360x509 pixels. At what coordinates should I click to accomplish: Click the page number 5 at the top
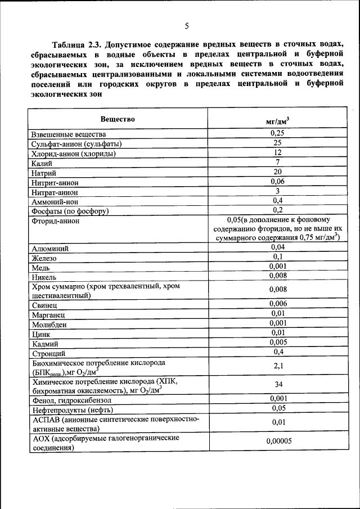[x=186, y=25]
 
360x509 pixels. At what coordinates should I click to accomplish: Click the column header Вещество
[x=118, y=119]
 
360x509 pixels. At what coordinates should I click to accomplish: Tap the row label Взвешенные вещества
[x=69, y=134]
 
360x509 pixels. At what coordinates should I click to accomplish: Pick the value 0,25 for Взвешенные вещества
[x=278, y=133]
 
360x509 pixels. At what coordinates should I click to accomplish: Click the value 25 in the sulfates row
[x=278, y=143]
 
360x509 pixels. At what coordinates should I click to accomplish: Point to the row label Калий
[x=42, y=163]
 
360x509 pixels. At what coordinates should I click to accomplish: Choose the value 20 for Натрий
[x=278, y=172]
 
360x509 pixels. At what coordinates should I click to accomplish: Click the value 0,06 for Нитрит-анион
[x=278, y=182]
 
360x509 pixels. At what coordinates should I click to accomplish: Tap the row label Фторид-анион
[x=56, y=221]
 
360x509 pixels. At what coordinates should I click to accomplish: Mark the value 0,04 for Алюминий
[x=278, y=247]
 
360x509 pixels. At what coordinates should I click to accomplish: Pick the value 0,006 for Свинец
[x=278, y=304]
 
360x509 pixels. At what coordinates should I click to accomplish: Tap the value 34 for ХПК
[x=278, y=386]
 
